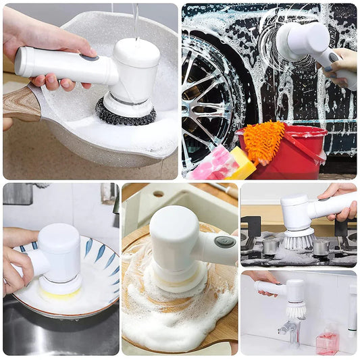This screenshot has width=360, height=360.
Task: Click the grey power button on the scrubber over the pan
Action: [x=88, y=58]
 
